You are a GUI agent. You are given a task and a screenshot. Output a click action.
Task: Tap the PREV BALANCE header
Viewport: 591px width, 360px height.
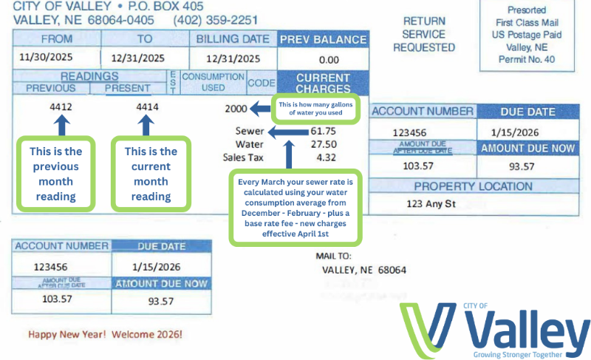tap(322, 39)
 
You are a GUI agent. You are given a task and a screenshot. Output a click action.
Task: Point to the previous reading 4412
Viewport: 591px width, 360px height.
tap(61, 107)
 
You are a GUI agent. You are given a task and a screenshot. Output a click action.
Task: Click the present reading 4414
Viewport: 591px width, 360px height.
tap(148, 107)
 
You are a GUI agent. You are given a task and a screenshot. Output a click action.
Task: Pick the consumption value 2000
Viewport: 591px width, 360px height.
tap(236, 109)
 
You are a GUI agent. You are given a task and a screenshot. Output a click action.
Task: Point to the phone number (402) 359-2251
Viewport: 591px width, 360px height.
tap(216, 20)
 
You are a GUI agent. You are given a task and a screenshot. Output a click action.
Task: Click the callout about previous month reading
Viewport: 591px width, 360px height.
tap(56, 174)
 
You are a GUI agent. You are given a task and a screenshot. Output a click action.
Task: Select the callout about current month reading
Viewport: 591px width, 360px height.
tap(151, 174)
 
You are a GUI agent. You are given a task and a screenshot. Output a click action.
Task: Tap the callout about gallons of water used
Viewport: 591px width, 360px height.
tap(316, 109)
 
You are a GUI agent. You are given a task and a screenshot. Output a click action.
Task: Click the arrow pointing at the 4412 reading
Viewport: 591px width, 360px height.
tap(61, 125)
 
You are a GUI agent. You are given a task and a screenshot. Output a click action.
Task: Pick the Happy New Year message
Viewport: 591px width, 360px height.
tap(105, 334)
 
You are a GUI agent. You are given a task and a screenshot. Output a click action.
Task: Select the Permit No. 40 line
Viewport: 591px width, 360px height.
tap(527, 59)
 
